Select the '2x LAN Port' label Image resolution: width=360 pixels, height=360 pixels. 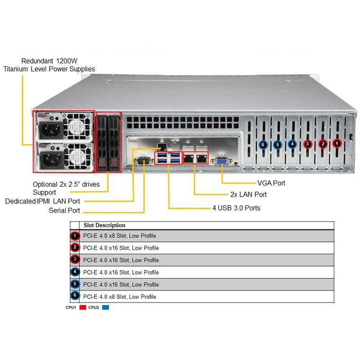tap(248, 195)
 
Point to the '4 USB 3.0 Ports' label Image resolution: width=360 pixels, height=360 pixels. tap(236, 208)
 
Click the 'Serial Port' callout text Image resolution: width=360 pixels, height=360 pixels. tap(64, 211)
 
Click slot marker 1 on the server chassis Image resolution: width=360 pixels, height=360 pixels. tap(337, 144)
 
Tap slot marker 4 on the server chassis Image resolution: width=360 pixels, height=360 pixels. tap(292, 144)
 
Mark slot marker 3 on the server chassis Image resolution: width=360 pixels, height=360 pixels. tap(307, 144)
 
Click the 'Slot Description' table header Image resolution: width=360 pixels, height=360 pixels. tap(104, 225)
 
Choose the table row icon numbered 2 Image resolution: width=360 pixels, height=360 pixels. tap(75, 247)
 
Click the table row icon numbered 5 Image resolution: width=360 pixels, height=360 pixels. tap(75, 284)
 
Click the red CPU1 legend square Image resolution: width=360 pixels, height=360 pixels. tap(82, 308)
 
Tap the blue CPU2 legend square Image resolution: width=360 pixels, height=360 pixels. tap(106, 308)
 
